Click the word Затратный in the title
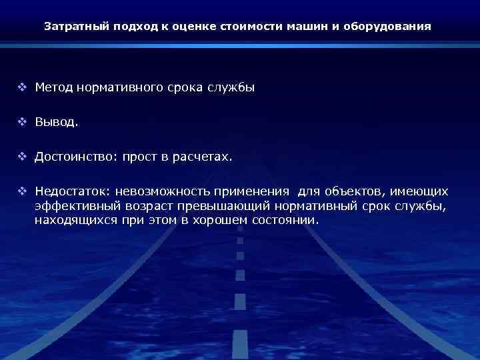(x=72, y=27)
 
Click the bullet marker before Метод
(x=22, y=87)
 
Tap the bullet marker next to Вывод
(x=22, y=123)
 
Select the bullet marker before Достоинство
(x=22, y=157)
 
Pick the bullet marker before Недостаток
(x=22, y=192)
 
